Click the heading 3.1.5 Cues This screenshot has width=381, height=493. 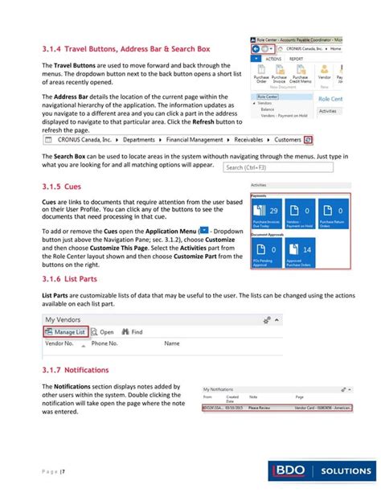click(x=63, y=184)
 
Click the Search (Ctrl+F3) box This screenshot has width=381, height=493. click(x=256, y=168)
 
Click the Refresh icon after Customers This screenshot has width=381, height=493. click(x=319, y=138)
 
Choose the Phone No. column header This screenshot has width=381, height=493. click(x=104, y=343)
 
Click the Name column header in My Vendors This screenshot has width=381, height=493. click(x=171, y=343)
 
